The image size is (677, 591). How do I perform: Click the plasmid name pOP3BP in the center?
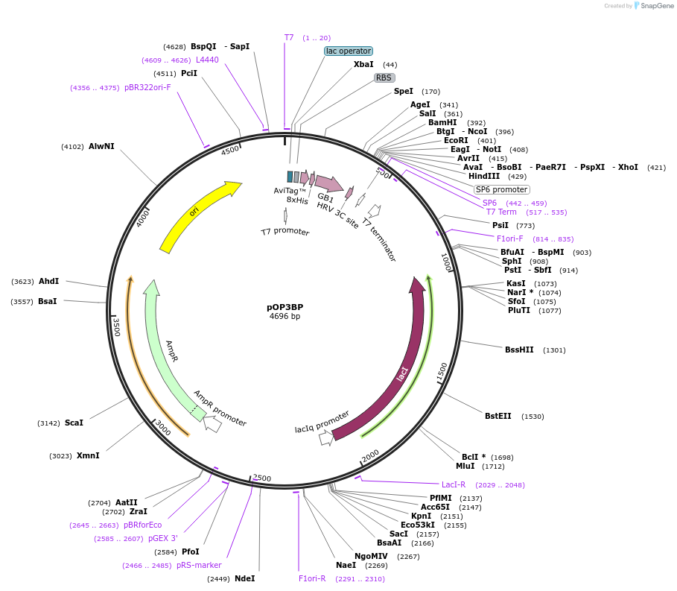tap(285, 306)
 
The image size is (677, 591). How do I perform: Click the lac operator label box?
tap(349, 51)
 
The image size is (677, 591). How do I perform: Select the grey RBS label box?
tap(384, 78)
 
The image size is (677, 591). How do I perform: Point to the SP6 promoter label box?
tap(501, 189)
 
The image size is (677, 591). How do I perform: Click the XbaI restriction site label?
tap(363, 65)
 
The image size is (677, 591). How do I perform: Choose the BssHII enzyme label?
tap(519, 350)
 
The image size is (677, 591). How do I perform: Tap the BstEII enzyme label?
tap(498, 416)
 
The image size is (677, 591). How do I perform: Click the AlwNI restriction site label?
tap(101, 146)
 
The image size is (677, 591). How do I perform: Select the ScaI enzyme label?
tap(74, 423)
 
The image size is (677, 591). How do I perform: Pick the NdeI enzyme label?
tap(244, 578)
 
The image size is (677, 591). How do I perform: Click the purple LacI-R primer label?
tap(454, 484)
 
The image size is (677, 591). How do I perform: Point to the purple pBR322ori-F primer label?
tap(147, 87)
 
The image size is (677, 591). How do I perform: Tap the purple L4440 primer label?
tap(207, 60)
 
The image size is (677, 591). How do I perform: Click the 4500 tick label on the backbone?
tap(231, 150)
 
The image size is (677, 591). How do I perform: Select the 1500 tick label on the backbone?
tap(442, 372)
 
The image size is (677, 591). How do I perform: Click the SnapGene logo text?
tap(653, 5)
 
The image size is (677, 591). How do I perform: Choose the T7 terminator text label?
tap(379, 234)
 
